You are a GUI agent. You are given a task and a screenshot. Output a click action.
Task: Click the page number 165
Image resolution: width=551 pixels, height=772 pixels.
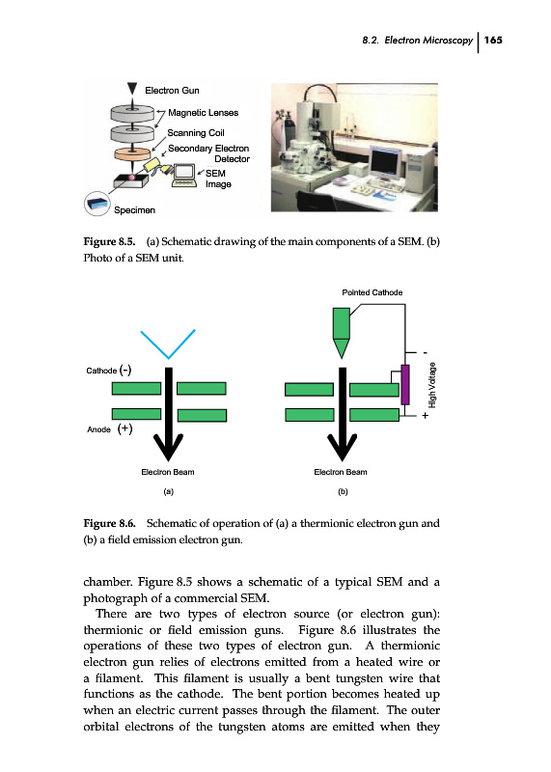tap(493, 40)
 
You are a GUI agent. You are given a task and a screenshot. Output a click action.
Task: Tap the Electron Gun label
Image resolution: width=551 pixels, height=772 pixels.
tap(172, 90)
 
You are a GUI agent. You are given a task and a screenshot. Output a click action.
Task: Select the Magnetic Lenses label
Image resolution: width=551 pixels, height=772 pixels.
tap(203, 113)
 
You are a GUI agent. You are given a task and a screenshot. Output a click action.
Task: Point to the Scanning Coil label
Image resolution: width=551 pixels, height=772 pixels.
tap(196, 133)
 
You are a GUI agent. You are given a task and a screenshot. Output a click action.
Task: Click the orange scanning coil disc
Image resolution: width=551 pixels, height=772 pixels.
tap(132, 153)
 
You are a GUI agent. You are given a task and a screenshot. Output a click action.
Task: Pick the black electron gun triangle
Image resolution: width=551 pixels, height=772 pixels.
tap(132, 89)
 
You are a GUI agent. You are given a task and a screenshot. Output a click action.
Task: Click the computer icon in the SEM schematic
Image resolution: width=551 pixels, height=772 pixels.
tap(184, 176)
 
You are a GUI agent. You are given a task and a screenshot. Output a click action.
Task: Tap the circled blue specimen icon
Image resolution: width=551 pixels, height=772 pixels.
tap(96, 204)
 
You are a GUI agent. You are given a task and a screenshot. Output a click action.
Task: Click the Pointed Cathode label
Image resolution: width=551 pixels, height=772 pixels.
tap(372, 292)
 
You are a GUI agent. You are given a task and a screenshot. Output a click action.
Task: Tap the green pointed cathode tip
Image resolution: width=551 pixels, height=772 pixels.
tap(342, 347)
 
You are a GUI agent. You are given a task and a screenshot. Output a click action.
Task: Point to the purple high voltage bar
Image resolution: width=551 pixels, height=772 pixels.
tap(404, 384)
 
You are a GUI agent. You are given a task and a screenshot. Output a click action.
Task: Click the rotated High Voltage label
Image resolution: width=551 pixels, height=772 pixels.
tap(432, 385)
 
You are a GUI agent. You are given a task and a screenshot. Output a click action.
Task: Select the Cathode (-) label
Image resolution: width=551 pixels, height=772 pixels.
tap(109, 371)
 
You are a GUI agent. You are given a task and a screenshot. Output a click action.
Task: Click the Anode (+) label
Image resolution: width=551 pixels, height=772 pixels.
tap(110, 428)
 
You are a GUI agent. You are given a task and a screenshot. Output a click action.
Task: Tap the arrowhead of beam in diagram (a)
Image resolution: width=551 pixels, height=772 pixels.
tap(169, 446)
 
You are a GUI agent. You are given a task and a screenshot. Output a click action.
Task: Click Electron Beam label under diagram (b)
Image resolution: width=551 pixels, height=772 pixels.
tap(341, 472)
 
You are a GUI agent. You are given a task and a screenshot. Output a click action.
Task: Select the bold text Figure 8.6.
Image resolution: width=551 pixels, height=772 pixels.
tap(109, 523)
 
